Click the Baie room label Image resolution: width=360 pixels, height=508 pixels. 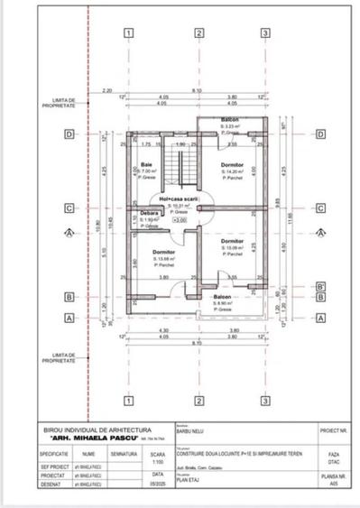[147, 164]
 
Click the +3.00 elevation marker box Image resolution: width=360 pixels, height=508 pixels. [179, 219]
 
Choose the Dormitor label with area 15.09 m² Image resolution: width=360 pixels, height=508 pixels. [233, 243]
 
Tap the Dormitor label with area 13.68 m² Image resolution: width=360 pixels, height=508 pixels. [163, 252]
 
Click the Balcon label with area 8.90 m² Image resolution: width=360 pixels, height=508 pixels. [222, 296]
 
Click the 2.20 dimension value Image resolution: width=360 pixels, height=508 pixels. [106, 91]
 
